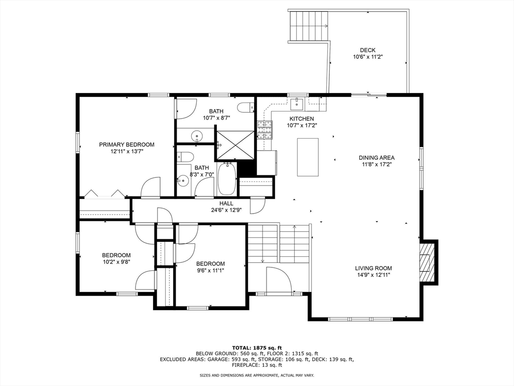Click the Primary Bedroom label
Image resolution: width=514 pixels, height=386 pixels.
click(126, 145)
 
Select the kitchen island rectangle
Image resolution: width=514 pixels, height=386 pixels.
click(308, 157)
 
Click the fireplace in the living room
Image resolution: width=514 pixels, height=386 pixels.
click(426, 261)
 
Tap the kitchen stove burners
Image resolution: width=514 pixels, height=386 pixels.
click(264, 130)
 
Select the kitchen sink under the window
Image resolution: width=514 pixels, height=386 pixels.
click(297, 104)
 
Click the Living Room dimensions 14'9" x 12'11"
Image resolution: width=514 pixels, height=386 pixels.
click(373, 275)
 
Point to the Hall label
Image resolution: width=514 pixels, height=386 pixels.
click(226, 204)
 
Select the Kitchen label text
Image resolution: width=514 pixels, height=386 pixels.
click(301, 119)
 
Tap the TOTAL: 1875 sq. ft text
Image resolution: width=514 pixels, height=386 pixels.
click(257, 347)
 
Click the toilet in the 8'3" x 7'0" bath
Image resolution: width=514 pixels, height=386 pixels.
click(183, 156)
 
